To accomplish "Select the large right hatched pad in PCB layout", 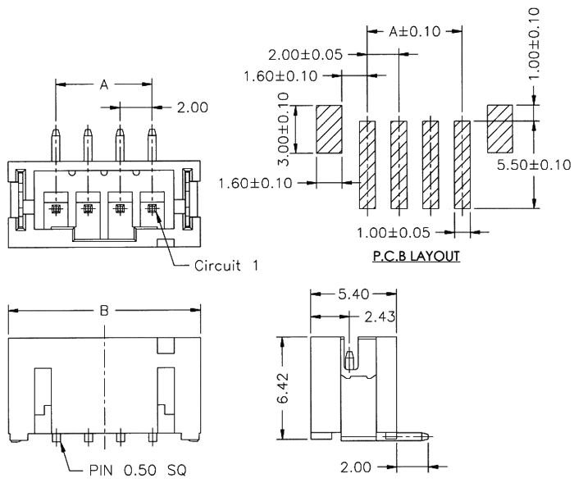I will coord(499,128).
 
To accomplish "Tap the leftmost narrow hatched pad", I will coord(367,163).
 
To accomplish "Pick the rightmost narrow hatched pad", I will coord(462,163).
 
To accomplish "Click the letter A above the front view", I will coord(102,84).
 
